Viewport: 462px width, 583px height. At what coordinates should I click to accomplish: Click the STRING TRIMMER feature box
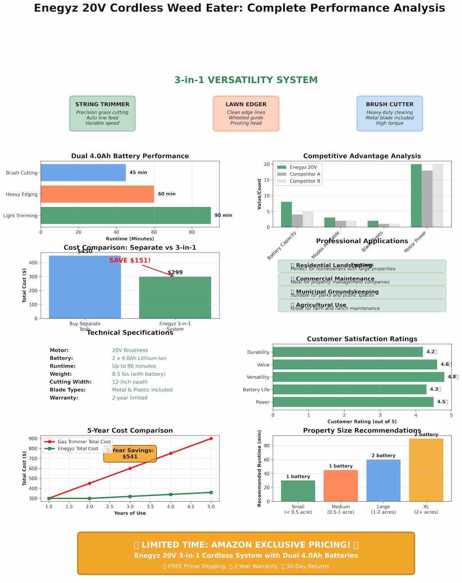[102, 114]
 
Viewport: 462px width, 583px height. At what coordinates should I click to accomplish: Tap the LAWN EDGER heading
[246, 104]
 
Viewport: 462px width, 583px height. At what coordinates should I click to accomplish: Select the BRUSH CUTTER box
[390, 114]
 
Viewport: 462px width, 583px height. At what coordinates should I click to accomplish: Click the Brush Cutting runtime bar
[83, 173]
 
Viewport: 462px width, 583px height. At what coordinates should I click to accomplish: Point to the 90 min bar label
[223, 215]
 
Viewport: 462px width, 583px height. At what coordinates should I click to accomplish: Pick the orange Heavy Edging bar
[97, 194]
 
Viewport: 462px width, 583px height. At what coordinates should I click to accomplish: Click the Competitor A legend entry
[305, 174]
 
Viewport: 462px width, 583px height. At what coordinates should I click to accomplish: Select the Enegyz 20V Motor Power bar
[416, 196]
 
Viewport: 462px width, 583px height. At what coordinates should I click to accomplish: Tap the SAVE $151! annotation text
[130, 260]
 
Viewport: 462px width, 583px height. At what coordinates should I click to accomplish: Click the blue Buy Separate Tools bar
[85, 287]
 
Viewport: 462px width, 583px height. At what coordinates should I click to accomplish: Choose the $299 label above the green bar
[175, 272]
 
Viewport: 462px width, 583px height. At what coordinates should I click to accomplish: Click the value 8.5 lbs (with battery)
[139, 374]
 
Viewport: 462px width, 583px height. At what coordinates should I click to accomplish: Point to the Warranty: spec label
[64, 398]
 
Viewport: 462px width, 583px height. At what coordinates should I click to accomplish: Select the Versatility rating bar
[358, 377]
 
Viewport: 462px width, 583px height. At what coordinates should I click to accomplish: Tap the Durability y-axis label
[258, 352]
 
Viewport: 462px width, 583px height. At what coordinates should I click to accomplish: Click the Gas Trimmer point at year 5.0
[211, 438]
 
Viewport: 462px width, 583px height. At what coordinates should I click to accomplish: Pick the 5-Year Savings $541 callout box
[130, 454]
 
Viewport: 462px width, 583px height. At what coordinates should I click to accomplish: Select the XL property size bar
[426, 470]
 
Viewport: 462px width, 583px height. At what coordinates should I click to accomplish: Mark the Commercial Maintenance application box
[362, 279]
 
